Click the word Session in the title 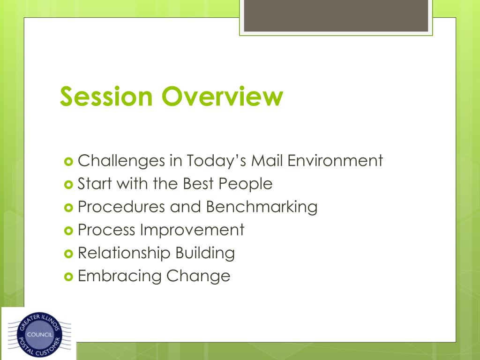point(106,96)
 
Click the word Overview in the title point(222,96)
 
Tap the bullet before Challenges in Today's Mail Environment point(68,161)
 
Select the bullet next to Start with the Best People point(68,185)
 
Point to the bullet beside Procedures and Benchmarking point(68,208)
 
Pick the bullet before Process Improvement point(68,231)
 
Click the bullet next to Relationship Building point(68,254)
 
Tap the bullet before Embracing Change point(68,277)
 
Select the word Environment point(335,160)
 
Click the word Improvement point(192,230)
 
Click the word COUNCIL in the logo point(40,335)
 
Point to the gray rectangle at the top point(336,15)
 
